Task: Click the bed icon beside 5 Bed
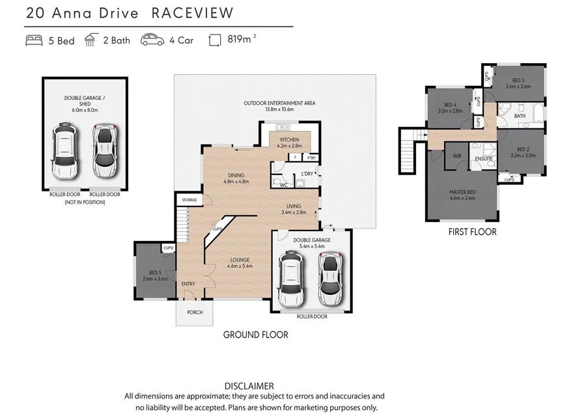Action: [34, 40]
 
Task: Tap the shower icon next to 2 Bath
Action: [92, 40]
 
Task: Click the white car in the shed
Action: [65, 152]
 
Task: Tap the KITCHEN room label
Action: [289, 140]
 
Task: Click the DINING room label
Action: [236, 175]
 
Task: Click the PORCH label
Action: [195, 313]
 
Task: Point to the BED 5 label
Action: [154, 272]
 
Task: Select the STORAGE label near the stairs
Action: [189, 200]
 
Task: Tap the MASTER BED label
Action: [462, 191]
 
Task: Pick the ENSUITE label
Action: [483, 159]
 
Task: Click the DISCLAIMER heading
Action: [249, 385]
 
